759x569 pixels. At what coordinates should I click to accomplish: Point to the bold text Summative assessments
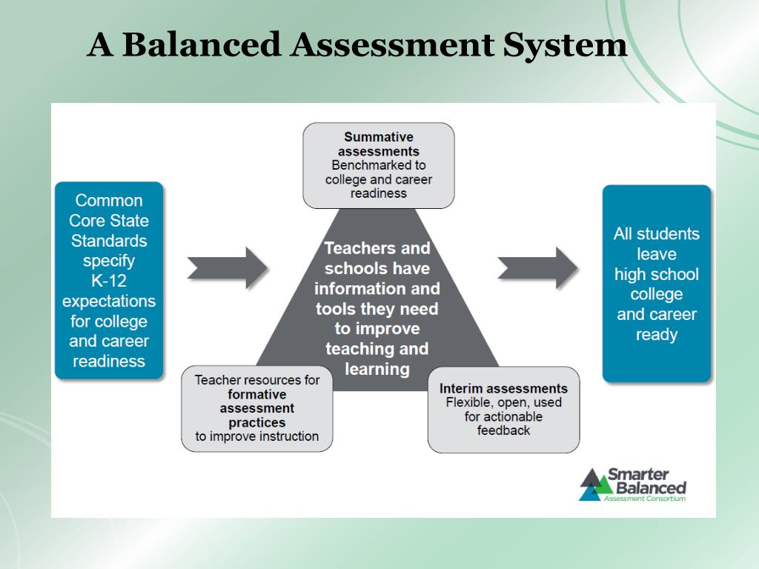tap(379, 144)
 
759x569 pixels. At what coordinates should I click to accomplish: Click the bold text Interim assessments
tap(503, 388)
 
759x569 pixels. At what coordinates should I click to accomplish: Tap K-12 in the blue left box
tap(109, 281)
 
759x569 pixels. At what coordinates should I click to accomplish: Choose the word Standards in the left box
tap(109, 241)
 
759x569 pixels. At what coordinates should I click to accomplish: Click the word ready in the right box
tap(657, 334)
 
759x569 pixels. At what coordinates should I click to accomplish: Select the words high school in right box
tap(657, 274)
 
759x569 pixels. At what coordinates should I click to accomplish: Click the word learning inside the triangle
tap(377, 368)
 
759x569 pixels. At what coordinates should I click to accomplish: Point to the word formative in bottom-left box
tap(257, 394)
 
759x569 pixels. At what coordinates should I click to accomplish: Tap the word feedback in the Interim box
tap(503, 430)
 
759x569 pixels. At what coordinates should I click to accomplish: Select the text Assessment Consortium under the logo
tap(645, 499)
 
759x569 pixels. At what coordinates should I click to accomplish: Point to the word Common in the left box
tap(109, 201)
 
